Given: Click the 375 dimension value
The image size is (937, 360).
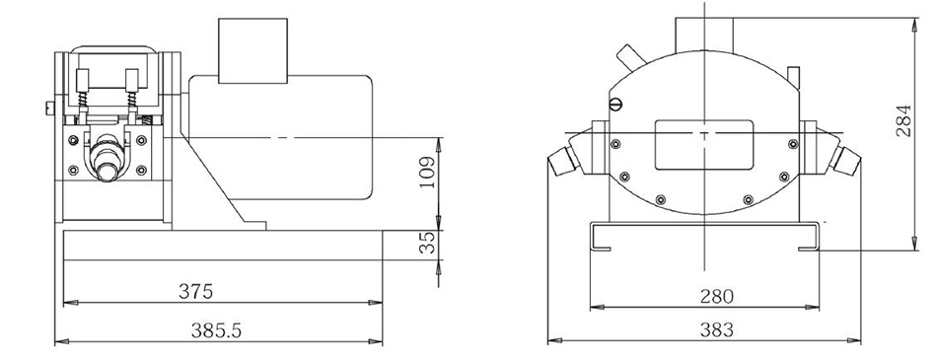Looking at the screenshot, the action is [x=195, y=291].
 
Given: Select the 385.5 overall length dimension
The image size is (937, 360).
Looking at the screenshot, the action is [x=216, y=330].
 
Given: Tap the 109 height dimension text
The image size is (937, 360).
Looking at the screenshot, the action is [x=427, y=173].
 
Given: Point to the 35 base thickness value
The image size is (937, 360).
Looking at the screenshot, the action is [x=427, y=243].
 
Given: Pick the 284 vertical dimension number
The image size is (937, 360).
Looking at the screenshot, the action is [x=903, y=120].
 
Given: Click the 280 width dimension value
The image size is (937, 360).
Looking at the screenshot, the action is [x=716, y=296].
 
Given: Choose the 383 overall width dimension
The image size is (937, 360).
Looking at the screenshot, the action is [x=715, y=329].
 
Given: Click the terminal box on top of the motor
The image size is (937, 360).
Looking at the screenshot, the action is [x=252, y=50].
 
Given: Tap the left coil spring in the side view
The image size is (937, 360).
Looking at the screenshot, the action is [x=83, y=100].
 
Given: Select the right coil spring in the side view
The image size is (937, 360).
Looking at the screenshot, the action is [x=132, y=100].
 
